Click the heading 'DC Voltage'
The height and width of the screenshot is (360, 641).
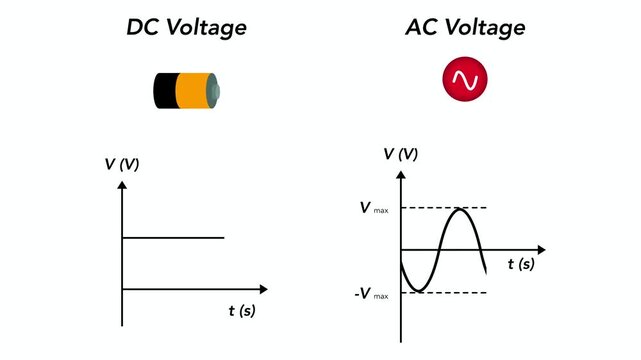pos(185,27)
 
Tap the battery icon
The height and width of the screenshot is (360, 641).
pos(185,91)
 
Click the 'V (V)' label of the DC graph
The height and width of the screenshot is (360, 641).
pos(122,165)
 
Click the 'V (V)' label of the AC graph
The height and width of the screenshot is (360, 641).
pos(401,154)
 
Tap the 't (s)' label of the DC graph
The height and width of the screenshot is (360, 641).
pos(242,311)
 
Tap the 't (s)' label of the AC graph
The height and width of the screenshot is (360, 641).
pos(520,264)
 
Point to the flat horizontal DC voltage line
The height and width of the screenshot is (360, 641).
pos(172,238)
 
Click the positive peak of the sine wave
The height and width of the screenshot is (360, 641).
pos(459,209)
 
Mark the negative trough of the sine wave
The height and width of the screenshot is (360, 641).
pos(420,291)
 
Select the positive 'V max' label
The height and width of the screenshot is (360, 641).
pos(374,209)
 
